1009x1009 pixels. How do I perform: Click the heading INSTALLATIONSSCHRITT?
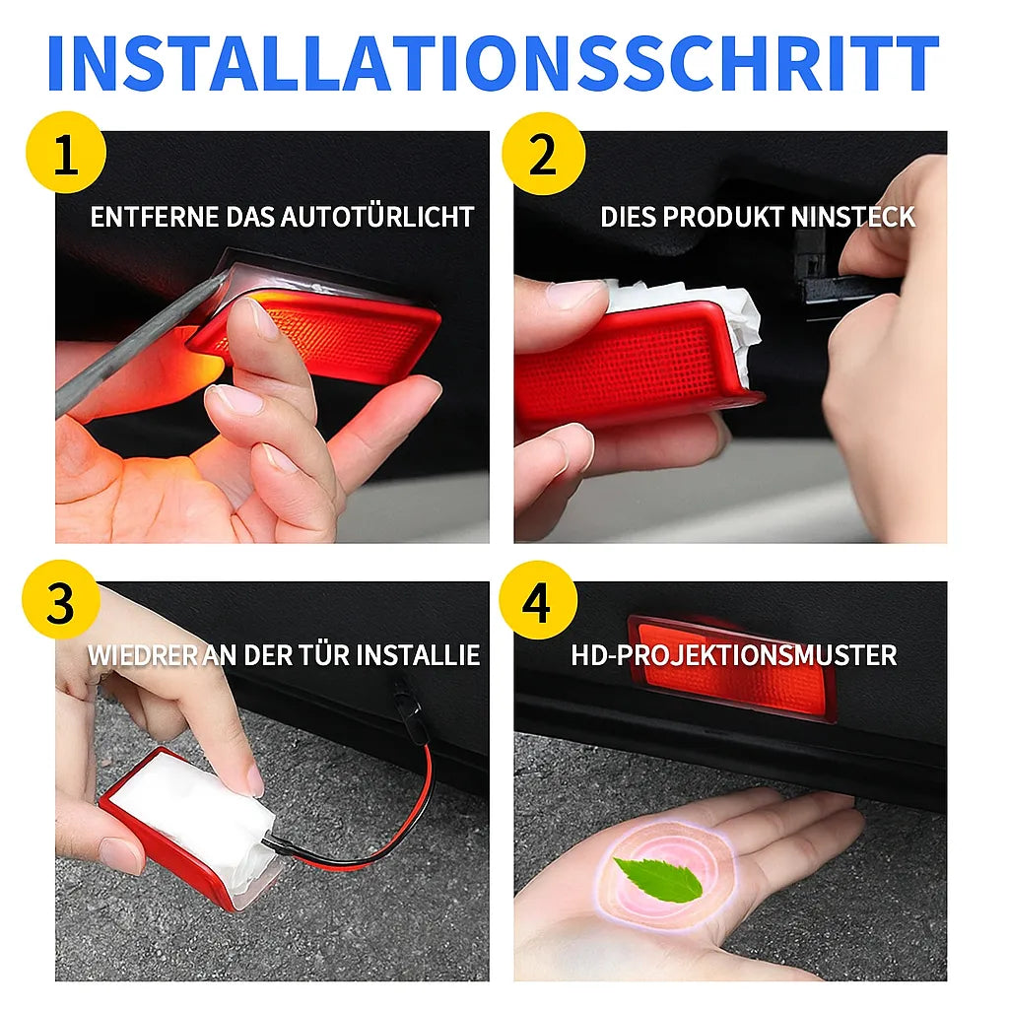coord(493,64)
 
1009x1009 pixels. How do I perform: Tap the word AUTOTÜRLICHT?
coord(377,217)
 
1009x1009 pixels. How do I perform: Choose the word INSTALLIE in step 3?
coord(418,655)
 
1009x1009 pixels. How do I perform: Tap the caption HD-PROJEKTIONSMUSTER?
coord(734,655)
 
